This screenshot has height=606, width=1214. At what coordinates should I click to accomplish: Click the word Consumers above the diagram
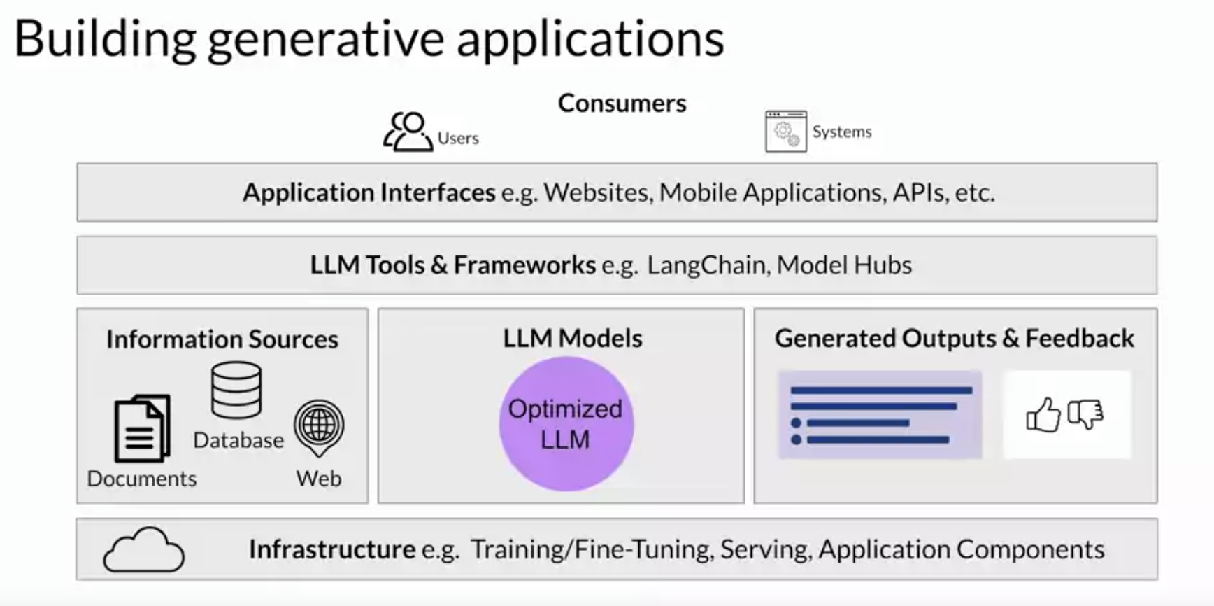pos(622,104)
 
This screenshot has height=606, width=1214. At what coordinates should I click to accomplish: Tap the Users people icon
pos(408,132)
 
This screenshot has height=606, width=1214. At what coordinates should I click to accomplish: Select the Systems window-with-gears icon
pos(785,132)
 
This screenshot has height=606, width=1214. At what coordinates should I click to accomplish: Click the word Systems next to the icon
pos(842,132)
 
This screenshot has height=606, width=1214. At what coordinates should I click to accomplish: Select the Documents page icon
pos(142,428)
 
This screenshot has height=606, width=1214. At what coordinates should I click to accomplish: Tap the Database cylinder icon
pos(236,390)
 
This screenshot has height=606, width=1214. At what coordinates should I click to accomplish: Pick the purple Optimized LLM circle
pos(566,424)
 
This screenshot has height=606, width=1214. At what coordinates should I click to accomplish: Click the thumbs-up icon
pos(1043,415)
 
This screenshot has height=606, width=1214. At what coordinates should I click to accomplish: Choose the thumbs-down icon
pos(1085,414)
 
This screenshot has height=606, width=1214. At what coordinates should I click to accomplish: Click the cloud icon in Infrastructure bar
pos(144,550)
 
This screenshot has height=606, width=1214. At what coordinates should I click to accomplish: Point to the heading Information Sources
pos(222,339)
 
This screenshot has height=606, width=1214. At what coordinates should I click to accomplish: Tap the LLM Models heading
pos(572,339)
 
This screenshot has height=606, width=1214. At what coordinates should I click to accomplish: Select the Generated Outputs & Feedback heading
pos(954,339)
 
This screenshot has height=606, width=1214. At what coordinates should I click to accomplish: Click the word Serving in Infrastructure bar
pos(766,549)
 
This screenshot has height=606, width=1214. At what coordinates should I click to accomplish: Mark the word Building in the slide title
pos(105,39)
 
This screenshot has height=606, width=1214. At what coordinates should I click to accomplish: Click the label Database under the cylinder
pos(238,440)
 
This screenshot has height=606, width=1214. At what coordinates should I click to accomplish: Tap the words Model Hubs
pos(844,265)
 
